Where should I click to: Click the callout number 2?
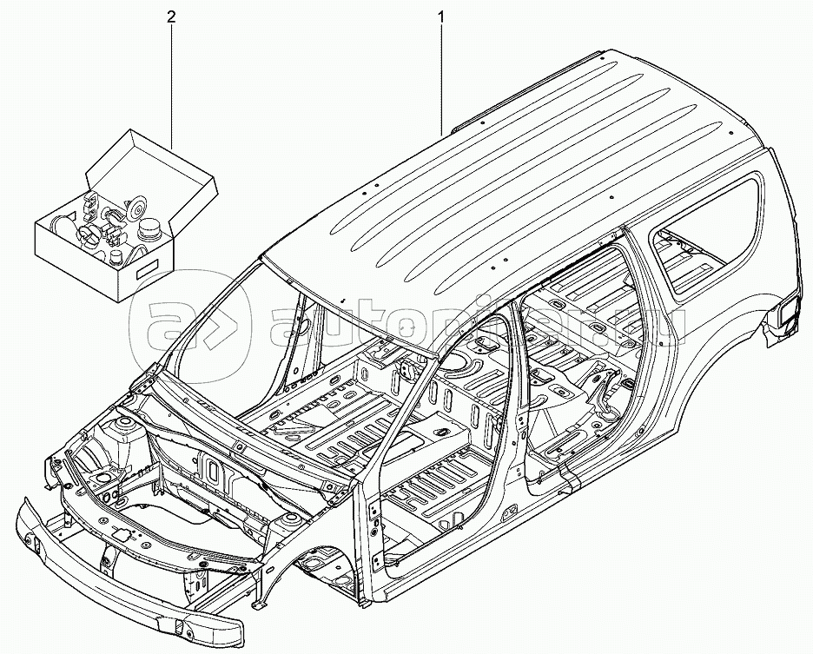[171, 17]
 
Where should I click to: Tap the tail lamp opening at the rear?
[787, 314]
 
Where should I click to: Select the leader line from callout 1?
[445, 78]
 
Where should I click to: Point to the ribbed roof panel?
[521, 174]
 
